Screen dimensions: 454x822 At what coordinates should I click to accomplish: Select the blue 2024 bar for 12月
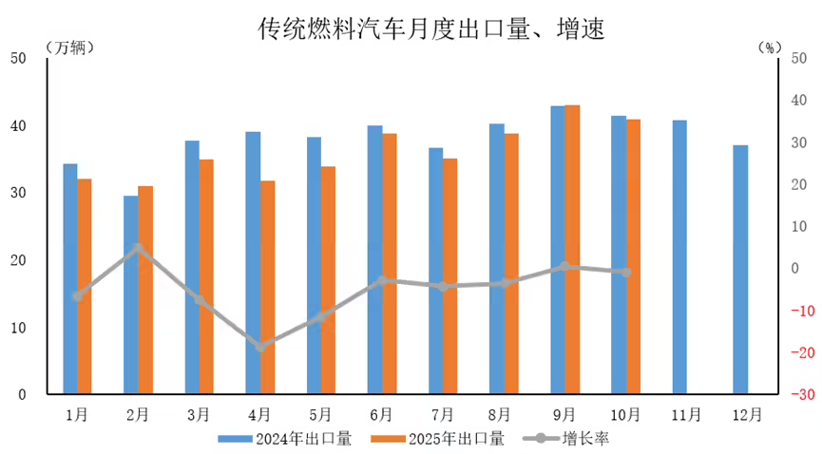pyautogui.click(x=740, y=270)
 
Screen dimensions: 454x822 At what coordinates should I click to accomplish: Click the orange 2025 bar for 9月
pyautogui.click(x=572, y=249)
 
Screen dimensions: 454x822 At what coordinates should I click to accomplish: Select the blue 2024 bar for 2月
pyautogui.click(x=130, y=294)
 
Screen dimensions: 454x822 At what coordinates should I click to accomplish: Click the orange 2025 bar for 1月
pyautogui.click(x=85, y=286)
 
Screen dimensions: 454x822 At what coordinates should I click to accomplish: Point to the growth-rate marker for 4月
pyautogui.click(x=259, y=347)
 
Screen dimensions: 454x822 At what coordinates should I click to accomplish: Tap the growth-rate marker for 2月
pyautogui.click(x=138, y=249)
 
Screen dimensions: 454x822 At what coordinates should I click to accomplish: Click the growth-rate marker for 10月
pyautogui.click(x=625, y=273)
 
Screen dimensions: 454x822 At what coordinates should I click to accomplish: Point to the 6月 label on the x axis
pyautogui.click(x=381, y=414)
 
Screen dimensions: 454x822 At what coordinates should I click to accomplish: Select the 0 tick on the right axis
pyautogui.click(x=794, y=269)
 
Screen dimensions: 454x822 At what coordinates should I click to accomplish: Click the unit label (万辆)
pyautogui.click(x=68, y=47)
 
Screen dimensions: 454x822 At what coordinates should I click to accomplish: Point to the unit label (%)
pyautogui.click(x=768, y=47)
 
